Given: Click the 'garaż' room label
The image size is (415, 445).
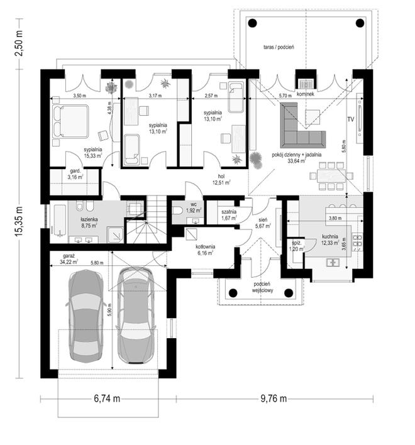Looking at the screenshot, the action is point(67,256).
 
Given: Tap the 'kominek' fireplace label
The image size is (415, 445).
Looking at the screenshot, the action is point(305,94).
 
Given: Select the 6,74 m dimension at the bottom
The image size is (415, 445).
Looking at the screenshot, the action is point(107,398).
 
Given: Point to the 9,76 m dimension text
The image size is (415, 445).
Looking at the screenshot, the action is point(274,398).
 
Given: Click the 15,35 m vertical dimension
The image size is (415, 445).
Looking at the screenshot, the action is point(19,221).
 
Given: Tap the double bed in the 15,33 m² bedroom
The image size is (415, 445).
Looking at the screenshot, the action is point(70,122).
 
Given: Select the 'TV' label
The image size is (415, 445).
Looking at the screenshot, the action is point(351,119).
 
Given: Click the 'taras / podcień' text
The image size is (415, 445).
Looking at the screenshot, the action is point(279,47).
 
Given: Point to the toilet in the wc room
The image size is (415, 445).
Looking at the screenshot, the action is point(178,211).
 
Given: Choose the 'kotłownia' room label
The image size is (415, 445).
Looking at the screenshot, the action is point(205,246).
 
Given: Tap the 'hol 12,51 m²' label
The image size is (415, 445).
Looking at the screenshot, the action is point(221,180).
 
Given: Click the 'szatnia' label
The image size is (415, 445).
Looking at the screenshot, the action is point(229,212).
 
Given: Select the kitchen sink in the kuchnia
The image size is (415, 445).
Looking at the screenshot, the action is point(333,263).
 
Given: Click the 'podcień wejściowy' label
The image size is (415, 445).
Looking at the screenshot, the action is point(263,287).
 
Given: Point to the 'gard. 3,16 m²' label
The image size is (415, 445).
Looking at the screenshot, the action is point(75,174).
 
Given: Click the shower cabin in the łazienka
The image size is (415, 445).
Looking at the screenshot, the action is point(115,234).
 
